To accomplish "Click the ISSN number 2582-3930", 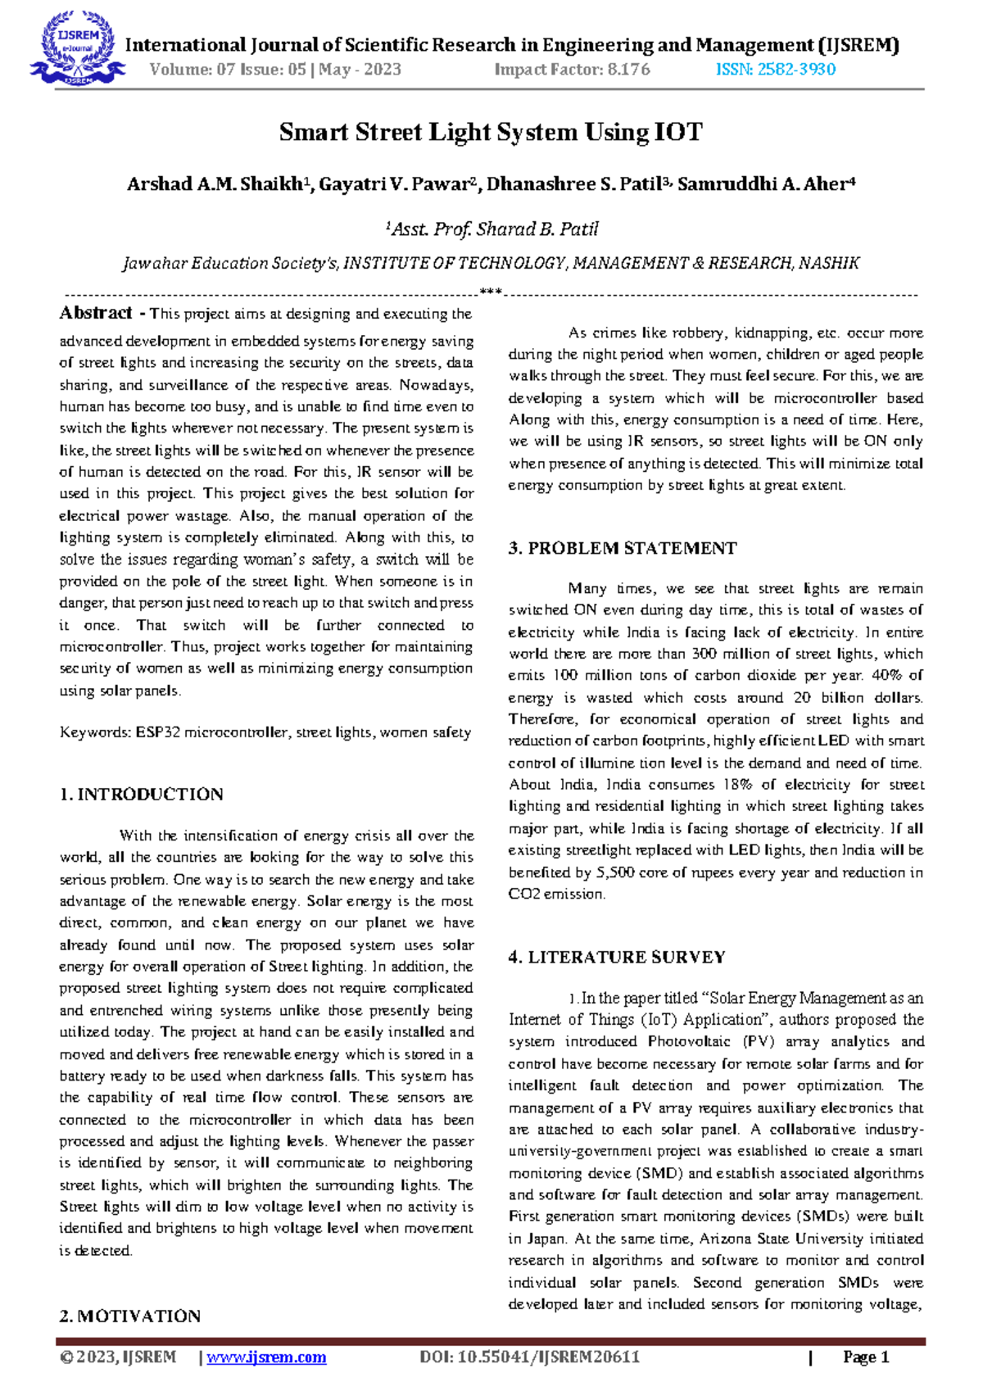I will click(775, 70).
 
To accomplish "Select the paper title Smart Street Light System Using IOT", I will click(491, 132).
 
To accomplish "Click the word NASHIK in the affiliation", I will click(829, 263).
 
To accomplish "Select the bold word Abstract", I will click(96, 313).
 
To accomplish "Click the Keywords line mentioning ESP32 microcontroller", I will click(265, 732).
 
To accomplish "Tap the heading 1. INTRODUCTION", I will click(141, 794).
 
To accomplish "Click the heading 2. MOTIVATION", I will click(129, 1316).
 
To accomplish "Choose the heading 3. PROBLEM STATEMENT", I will click(622, 548).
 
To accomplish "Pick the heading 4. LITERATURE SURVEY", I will click(616, 957).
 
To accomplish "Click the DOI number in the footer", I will click(529, 1357).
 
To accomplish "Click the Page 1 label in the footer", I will click(866, 1357).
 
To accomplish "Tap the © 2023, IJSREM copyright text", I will click(118, 1357).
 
